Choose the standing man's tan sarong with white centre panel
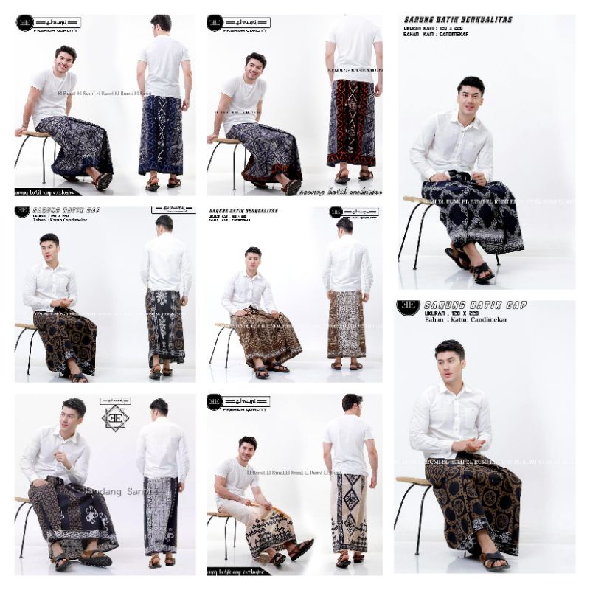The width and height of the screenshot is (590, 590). [x=345, y=324]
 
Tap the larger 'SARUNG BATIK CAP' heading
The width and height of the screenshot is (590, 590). [x=475, y=304]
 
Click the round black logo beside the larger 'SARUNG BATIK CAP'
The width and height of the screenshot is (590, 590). [x=408, y=307]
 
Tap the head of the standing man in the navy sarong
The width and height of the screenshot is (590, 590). [x=162, y=24]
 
